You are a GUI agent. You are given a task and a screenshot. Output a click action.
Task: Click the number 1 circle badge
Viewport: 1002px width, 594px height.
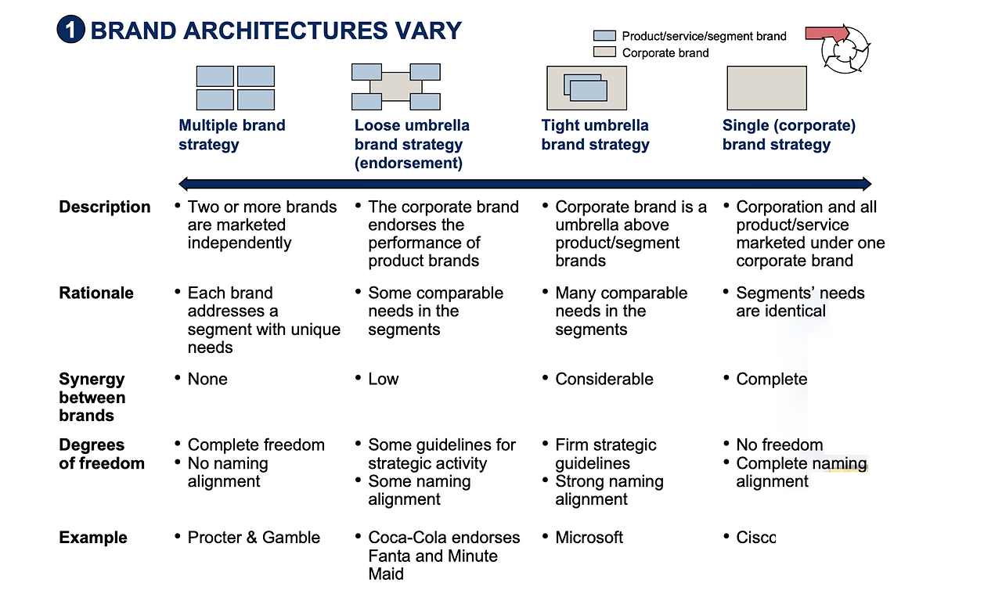coord(70,30)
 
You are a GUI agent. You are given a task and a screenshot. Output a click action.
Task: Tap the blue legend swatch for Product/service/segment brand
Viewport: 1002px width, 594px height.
coord(604,36)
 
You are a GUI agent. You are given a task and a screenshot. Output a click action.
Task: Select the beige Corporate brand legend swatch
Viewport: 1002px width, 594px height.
coord(604,52)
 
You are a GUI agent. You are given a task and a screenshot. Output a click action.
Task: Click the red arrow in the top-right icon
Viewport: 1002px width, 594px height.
coord(827,34)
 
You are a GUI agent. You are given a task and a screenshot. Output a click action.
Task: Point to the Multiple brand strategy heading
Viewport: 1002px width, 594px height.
coord(232,135)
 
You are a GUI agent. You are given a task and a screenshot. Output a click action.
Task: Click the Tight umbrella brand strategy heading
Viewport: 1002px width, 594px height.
coord(595,135)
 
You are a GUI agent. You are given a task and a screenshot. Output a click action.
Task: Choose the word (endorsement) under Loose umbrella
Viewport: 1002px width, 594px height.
coord(409,163)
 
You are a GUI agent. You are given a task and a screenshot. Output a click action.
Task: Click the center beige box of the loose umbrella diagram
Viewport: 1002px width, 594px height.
coord(396,87)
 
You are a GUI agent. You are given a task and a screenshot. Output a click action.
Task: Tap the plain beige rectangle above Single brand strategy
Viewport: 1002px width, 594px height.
coord(766,88)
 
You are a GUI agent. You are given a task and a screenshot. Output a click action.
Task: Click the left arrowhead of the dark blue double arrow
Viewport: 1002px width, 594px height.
coord(183,183)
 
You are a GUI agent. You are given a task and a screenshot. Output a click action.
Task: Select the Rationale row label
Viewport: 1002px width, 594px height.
coord(96,293)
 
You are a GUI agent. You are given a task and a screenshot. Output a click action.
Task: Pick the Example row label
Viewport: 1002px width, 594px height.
coord(93,537)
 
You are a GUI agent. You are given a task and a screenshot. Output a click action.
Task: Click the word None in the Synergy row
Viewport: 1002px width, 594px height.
coord(207,379)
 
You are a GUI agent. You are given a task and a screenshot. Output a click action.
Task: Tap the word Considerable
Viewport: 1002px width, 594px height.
coord(604,379)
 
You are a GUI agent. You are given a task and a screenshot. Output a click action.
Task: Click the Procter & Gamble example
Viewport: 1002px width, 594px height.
coord(254,537)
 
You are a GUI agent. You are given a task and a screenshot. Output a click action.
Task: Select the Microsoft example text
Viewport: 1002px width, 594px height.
coord(589,537)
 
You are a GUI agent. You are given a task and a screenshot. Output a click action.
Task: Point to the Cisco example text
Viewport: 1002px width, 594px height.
coord(756,537)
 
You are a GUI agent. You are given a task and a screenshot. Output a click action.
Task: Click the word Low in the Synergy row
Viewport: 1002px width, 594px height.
coord(384,379)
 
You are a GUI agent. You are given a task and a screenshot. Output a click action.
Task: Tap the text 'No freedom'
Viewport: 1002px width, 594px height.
coord(780,445)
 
